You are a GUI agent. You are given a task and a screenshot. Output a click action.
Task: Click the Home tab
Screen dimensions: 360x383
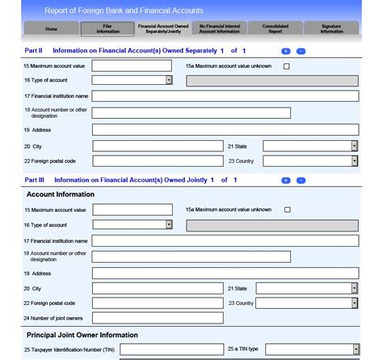coord(51,28)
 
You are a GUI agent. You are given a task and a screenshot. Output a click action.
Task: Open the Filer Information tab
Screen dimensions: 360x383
coord(103,28)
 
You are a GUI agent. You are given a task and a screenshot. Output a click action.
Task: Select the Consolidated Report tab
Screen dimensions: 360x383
coord(275,28)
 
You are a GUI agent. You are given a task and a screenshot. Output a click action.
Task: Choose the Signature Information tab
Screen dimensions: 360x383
coord(331,28)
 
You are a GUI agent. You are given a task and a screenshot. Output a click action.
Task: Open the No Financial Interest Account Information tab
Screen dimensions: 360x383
coord(219,28)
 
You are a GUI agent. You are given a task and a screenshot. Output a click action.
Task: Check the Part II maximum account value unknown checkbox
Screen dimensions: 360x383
coord(286,66)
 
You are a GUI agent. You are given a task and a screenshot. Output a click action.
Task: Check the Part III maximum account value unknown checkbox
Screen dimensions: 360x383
coord(286,210)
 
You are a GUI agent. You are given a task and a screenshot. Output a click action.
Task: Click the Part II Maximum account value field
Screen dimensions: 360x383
coord(132,66)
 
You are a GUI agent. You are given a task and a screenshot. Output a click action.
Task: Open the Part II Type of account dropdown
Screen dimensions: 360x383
coord(169,80)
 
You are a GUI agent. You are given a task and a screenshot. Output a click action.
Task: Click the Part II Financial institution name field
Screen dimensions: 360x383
coord(225,96)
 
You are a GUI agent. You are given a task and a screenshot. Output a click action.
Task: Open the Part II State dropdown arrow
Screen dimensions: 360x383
coord(354,146)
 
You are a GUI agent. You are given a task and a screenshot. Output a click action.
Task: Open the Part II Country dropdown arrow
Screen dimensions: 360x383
coord(354,161)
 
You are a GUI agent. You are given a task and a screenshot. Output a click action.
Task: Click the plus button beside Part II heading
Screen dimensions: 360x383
coord(286,50)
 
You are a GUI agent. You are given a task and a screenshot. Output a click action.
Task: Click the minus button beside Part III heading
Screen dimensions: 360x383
coord(300,180)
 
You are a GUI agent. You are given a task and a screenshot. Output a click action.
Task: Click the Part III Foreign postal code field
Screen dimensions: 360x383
coord(158,303)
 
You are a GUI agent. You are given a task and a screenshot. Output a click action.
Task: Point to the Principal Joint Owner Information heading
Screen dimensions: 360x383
coord(82,335)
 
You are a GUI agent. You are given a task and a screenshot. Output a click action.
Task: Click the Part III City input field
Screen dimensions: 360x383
coord(158,288)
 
